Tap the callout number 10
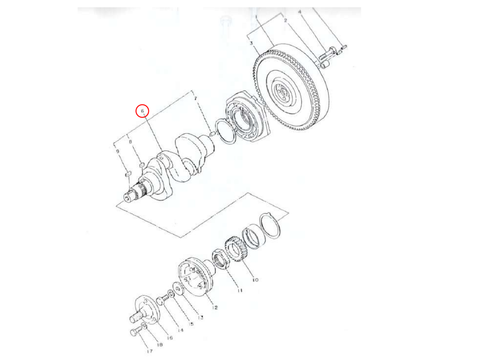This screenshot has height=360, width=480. point(255,280)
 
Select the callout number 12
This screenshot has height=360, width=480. point(215,307)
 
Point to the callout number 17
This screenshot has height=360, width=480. point(150,352)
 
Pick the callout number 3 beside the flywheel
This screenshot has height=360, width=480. point(251,43)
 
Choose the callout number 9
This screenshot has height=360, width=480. point(118,152)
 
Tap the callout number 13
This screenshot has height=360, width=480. point(200,317)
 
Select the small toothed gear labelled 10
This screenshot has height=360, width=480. point(234,250)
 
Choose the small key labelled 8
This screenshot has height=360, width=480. point(142,164)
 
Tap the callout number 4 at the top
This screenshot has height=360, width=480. point(299,12)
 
